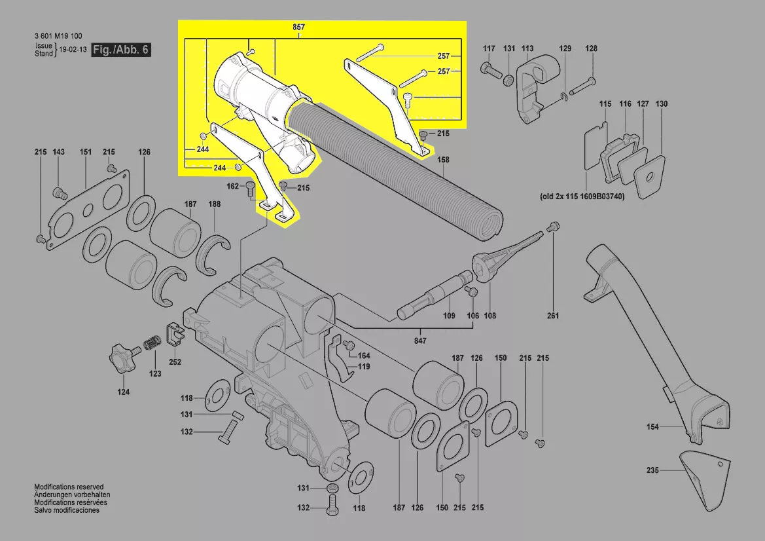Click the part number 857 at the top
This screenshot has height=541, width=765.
(299, 28)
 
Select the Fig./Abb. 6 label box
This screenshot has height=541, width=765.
(121, 50)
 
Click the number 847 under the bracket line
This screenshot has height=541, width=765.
(419, 341)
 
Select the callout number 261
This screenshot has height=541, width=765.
(553, 316)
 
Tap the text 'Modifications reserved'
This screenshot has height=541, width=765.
(69, 487)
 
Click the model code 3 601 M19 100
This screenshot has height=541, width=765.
(58, 36)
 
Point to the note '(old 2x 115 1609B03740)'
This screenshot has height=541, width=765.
(582, 196)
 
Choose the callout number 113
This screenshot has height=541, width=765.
(527, 48)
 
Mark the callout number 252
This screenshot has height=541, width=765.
(175, 362)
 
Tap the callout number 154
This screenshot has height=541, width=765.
(652, 427)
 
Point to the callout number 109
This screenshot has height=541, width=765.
(449, 316)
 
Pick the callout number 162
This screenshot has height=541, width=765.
(233, 187)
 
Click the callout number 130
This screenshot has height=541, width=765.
(662, 104)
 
